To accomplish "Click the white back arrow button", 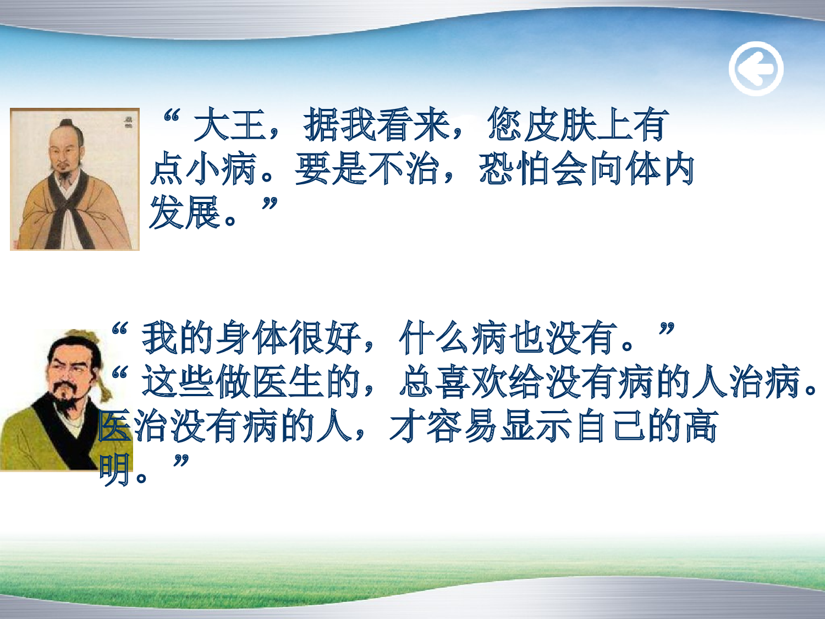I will pos(756,69).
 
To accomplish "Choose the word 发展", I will pos(185,213).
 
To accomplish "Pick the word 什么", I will pos(435,337).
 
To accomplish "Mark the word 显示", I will pos(536,426).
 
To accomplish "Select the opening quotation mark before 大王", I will pos(172,117).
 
